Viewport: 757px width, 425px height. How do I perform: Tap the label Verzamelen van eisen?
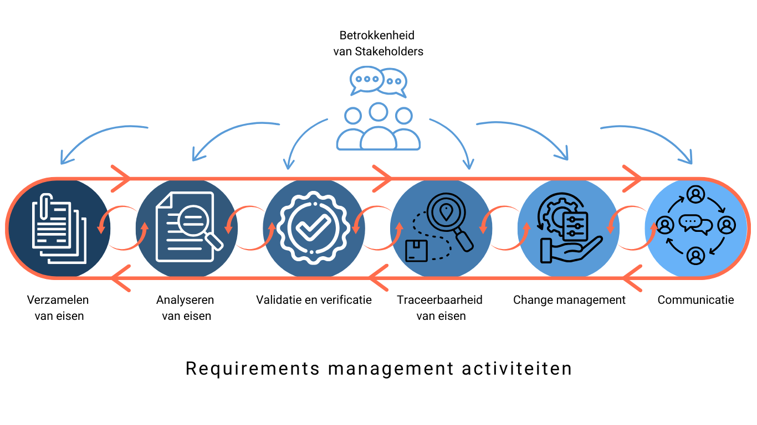click(58, 308)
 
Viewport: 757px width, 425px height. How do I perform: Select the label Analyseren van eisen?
click(186, 308)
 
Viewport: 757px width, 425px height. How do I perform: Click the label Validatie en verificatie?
click(314, 300)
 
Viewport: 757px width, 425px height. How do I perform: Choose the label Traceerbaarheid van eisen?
click(440, 308)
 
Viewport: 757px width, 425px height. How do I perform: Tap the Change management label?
click(569, 300)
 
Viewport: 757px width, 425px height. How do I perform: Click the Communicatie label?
click(695, 300)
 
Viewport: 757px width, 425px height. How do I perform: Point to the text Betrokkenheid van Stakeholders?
click(378, 44)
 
